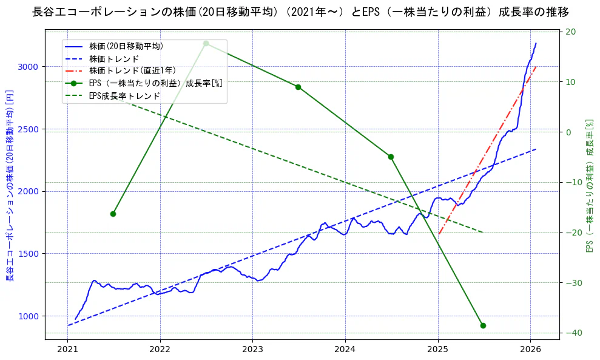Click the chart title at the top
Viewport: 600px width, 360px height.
(x=300, y=12)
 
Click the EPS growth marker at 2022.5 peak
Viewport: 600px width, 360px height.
(x=206, y=43)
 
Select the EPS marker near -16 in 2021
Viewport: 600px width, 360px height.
(x=113, y=214)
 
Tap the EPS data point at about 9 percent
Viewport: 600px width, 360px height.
(x=298, y=87)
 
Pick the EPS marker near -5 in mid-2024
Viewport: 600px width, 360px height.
(x=391, y=157)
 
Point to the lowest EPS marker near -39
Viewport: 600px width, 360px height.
(x=483, y=325)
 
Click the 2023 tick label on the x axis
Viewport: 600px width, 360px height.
(x=252, y=349)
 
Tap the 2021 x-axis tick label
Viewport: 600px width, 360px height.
(x=67, y=349)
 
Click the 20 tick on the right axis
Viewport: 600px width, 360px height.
(x=571, y=32)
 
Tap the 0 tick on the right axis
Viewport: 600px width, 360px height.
(x=569, y=132)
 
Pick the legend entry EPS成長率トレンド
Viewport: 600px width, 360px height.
(x=124, y=96)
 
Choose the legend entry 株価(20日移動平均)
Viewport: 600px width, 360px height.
(x=126, y=46)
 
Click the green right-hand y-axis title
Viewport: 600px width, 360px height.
(x=588, y=186)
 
